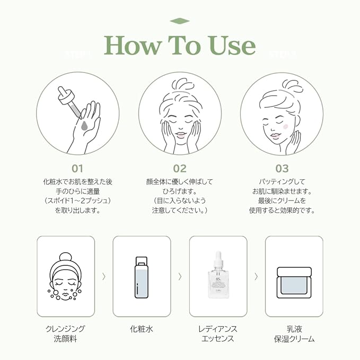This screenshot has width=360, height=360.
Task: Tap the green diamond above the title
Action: coord(180,21)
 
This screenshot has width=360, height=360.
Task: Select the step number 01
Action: coord(78,169)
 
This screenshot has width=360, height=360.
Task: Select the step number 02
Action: coord(180,169)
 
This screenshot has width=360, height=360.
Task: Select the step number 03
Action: coord(282,169)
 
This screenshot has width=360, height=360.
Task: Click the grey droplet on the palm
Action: coord(85,125)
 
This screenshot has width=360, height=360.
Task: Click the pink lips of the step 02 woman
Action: coord(180,136)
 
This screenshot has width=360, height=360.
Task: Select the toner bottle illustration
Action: coord(142,276)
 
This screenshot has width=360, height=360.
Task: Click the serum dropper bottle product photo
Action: coord(218,276)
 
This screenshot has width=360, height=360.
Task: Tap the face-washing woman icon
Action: coord(65,277)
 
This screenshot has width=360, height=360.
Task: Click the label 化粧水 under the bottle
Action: coord(142,329)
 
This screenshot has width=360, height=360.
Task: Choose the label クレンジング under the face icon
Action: coord(65,329)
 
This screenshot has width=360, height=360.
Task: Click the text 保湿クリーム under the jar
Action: coord(294,339)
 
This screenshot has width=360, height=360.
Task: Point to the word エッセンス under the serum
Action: coord(218,339)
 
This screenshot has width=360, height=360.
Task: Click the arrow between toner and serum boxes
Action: coord(180,276)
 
